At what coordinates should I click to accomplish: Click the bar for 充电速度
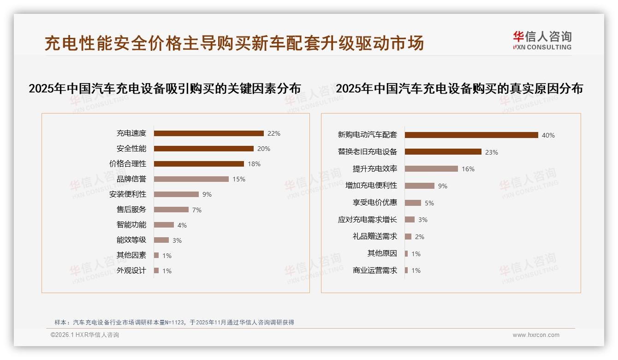[208, 133]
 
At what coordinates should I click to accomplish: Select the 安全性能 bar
[203, 149]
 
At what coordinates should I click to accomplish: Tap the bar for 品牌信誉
[191, 179]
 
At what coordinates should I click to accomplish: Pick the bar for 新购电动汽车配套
[471, 135]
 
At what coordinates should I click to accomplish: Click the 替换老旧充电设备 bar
[443, 152]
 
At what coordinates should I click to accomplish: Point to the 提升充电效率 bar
[431, 169]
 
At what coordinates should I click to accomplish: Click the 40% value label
[548, 135]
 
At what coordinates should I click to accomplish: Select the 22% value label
[274, 133]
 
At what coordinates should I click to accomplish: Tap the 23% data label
[492, 152]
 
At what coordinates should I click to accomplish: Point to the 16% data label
[468, 169]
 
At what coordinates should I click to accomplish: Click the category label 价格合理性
[128, 164]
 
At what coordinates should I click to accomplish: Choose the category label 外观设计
[131, 270]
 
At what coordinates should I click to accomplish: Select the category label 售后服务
[131, 210]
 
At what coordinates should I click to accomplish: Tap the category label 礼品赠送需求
[375, 236]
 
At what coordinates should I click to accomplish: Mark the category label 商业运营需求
[375, 270]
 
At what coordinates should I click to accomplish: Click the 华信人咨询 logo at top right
[542, 40]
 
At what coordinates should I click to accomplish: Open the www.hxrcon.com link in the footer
[536, 335]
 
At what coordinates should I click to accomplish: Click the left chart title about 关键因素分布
[165, 88]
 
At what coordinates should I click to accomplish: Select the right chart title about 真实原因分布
[459, 88]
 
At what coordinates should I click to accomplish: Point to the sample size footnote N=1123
[174, 323]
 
